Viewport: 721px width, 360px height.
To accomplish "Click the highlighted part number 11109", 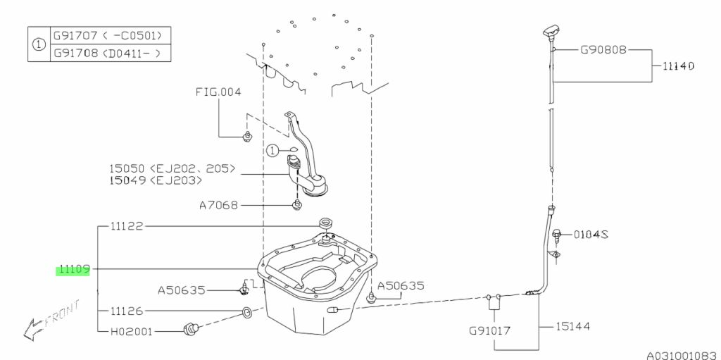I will point(73,269).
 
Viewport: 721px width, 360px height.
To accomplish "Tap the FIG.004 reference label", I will point(218,92).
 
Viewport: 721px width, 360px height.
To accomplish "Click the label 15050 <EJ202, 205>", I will point(172,169).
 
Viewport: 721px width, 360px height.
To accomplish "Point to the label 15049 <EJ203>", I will point(156,181).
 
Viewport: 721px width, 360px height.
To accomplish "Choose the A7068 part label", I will point(218,206).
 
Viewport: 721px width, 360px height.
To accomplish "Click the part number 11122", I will point(127,227).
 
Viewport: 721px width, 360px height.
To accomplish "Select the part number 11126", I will point(127,310).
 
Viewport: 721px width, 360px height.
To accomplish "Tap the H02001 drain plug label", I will point(131,330).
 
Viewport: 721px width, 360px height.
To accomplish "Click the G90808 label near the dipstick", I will point(603,51).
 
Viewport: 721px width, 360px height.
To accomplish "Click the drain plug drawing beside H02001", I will point(191,327).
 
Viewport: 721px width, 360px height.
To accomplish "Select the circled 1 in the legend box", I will point(39,43).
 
